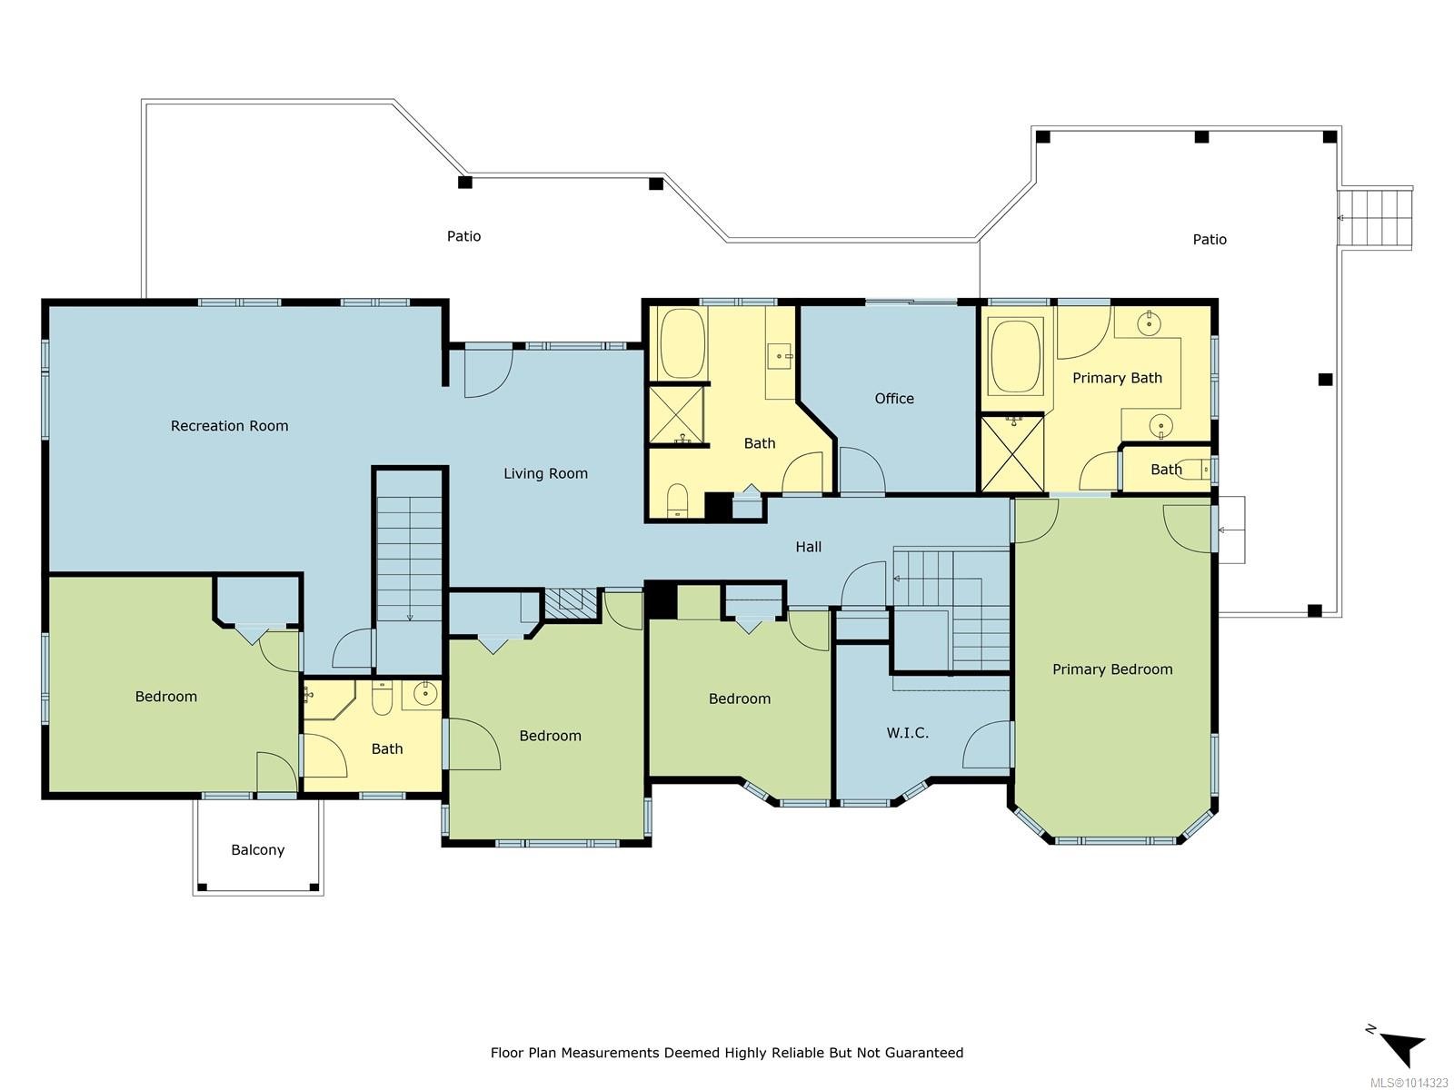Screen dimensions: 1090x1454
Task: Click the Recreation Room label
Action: (x=229, y=425)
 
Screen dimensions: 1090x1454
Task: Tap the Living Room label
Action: (x=545, y=473)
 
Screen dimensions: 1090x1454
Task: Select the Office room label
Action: (x=894, y=398)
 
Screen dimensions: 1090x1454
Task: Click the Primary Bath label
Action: (x=1117, y=378)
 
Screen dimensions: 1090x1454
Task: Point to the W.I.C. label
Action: (x=907, y=732)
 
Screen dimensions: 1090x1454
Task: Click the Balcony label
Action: (x=257, y=850)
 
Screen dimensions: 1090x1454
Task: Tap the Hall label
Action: (x=808, y=546)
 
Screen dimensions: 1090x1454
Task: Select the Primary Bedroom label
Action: (x=1112, y=669)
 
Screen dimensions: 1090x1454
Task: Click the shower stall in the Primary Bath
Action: (x=1011, y=453)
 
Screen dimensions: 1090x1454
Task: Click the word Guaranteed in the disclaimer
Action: (x=928, y=1053)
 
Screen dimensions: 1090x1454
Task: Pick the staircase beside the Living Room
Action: (x=410, y=559)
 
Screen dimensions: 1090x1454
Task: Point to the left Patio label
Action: (x=463, y=236)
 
